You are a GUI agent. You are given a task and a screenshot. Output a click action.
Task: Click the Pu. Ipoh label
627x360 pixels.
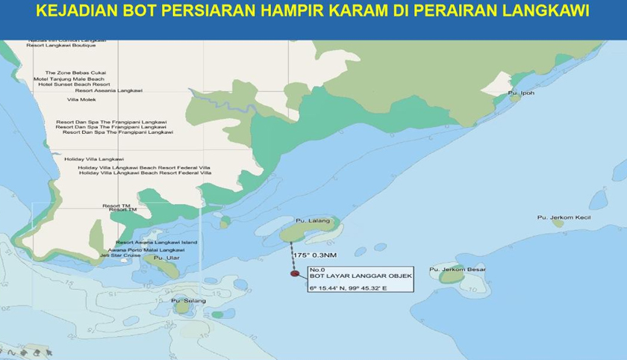pyautogui.click(x=521, y=93)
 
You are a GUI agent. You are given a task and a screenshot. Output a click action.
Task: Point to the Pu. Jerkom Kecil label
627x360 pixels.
pyautogui.click(x=564, y=217)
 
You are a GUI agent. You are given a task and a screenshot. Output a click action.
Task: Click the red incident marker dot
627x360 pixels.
pyautogui.click(x=293, y=273)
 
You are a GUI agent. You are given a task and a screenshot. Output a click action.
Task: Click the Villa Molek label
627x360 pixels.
pyautogui.click(x=81, y=99)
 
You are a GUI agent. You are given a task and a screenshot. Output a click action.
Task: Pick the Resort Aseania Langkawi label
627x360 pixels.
pyautogui.click(x=109, y=90)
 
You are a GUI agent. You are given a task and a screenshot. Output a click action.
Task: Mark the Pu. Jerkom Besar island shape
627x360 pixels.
pyautogui.click(x=452, y=277)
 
